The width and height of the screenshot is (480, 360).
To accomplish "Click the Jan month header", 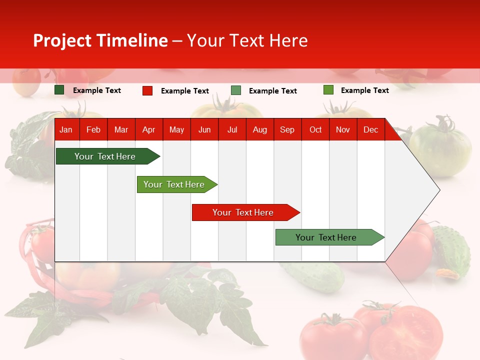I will coord(66,129).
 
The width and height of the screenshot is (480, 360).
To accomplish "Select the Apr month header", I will coord(148,129).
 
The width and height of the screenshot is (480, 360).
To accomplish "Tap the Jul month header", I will coord(232,129).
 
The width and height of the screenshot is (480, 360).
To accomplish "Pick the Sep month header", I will coord(287,129).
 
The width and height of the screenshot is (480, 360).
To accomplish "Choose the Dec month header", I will coord(370,129).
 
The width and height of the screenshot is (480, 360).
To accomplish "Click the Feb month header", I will coord(93,129).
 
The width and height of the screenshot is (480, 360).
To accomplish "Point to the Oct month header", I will coord(315,129).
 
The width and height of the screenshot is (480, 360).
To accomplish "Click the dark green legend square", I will coord(59,90).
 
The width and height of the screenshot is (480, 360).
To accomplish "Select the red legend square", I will coord(147,90).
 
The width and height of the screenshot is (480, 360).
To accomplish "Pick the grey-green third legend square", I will coord(236,90).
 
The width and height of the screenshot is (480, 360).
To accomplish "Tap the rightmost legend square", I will coord(328,90).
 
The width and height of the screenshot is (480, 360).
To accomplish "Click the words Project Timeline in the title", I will coord(100,40).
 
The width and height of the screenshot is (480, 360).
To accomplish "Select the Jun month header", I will coord(204,129).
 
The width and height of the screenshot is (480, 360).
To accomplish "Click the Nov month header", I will coord(343,129).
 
